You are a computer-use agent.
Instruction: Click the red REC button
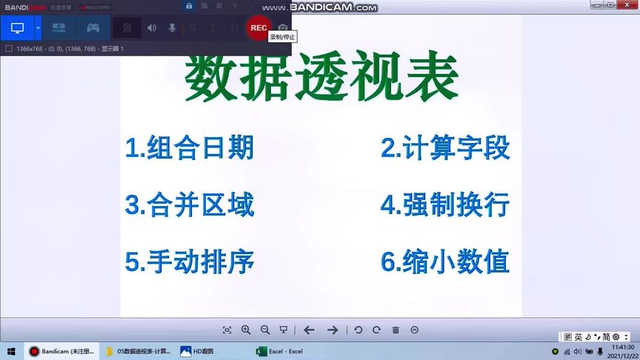pos(259,28)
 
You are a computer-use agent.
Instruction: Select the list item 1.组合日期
pos(190,148)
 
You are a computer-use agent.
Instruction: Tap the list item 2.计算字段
pos(445,148)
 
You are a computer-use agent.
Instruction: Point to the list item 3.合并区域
pos(190,204)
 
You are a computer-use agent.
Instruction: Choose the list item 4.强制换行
pos(445,204)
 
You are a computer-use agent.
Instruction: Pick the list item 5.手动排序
pos(190,261)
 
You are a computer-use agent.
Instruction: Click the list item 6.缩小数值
pos(445,261)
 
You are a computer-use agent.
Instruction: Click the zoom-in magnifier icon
pos(246,330)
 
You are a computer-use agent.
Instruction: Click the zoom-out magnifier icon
pos(265,330)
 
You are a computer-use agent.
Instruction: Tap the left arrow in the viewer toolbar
pos(310,330)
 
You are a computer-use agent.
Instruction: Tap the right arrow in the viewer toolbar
pos(333,330)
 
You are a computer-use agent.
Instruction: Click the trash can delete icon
pos(396,330)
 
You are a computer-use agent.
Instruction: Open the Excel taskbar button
pos(279,351)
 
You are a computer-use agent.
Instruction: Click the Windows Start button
pos(11,351)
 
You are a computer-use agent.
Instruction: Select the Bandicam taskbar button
pos(61,351)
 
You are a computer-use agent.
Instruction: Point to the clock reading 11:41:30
pos(623,347)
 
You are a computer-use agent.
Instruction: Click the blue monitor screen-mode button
pos(17,28)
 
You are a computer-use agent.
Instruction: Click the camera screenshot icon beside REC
pos(282,28)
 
